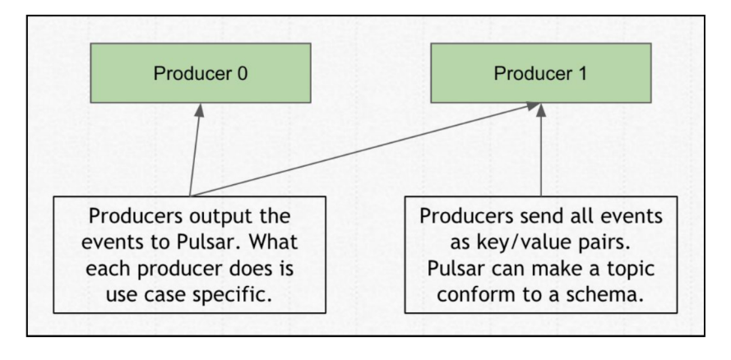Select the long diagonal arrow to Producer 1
coord(362,151)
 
